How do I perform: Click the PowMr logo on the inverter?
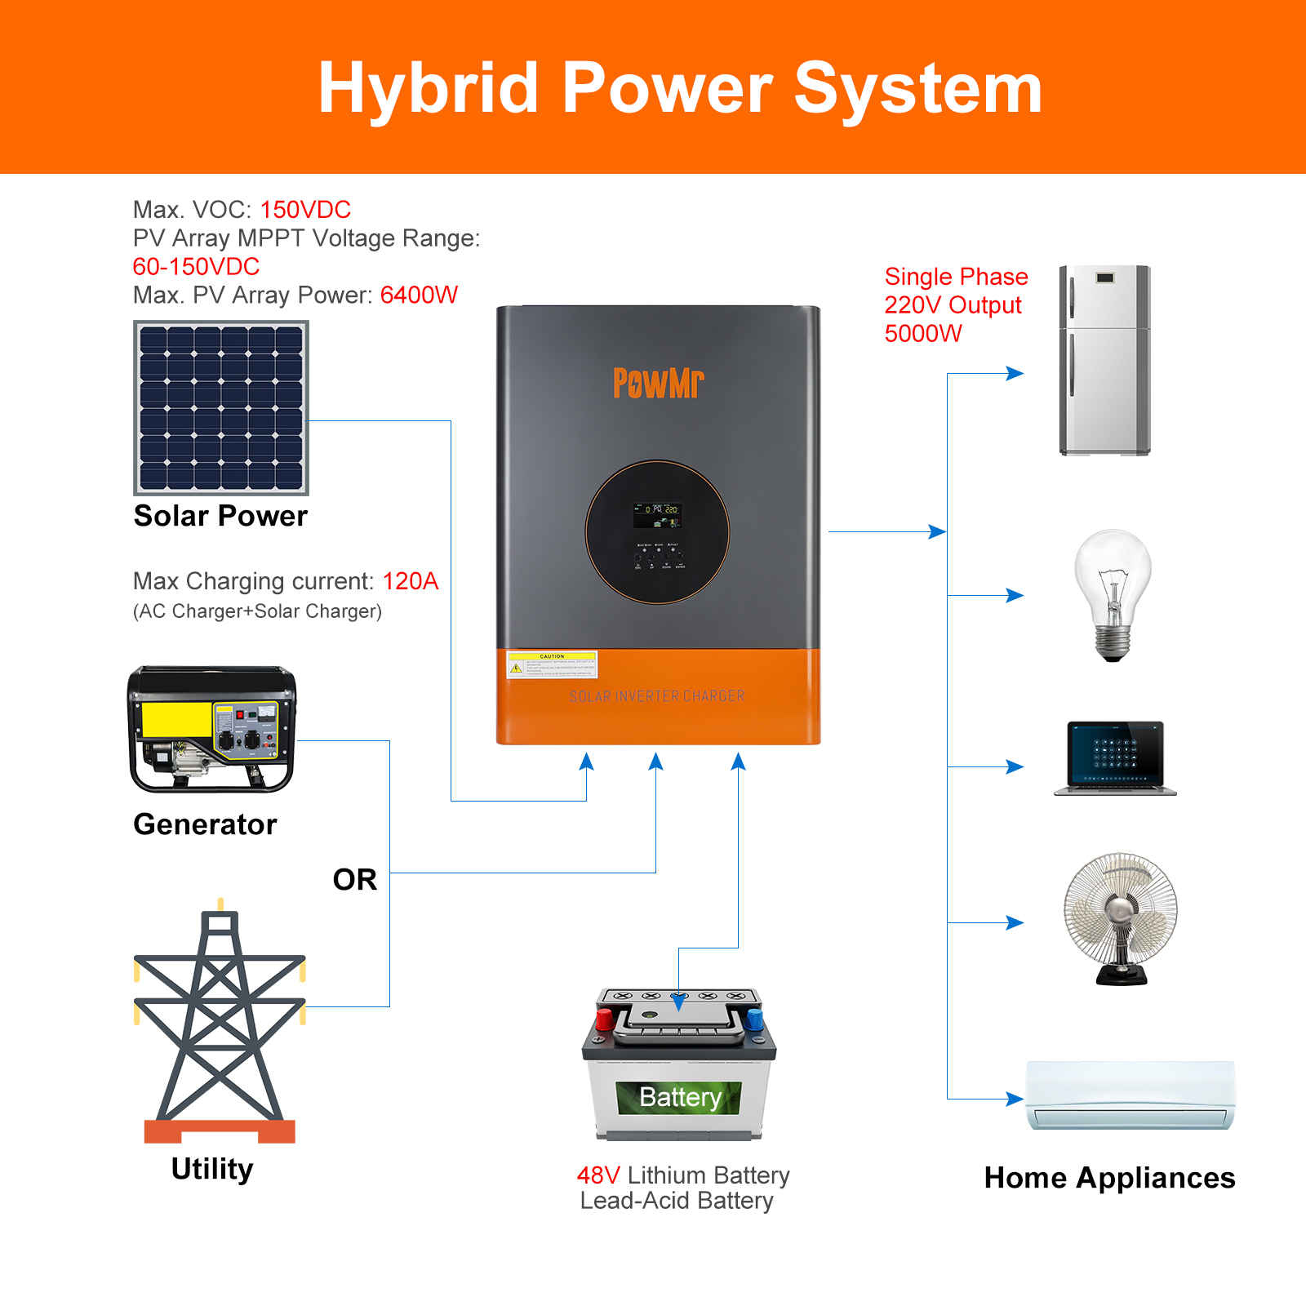pyautogui.click(x=658, y=383)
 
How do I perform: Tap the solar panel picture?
pyautogui.click(x=221, y=408)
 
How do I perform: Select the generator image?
pyautogui.click(x=212, y=729)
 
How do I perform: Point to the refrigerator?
pyautogui.click(x=1104, y=360)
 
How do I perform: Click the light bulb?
pyautogui.click(x=1113, y=593)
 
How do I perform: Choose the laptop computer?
pyautogui.click(x=1115, y=757)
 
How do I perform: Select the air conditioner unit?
pyautogui.click(x=1131, y=1095)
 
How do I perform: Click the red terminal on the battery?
pyautogui.click(x=605, y=1019)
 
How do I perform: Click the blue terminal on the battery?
pyautogui.click(x=754, y=1019)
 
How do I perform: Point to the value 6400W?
pyautogui.click(x=419, y=295)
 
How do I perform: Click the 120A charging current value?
pyautogui.click(x=411, y=581)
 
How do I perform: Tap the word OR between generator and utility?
pyautogui.click(x=355, y=880)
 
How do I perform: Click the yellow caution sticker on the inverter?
pyautogui.click(x=552, y=665)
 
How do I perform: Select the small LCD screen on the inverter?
pyautogui.click(x=657, y=514)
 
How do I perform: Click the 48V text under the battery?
pyautogui.click(x=598, y=1175)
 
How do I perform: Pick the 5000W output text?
pyautogui.click(x=923, y=334)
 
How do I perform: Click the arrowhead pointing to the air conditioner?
pyautogui.click(x=1015, y=1099)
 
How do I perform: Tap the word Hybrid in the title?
pyautogui.click(x=428, y=88)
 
